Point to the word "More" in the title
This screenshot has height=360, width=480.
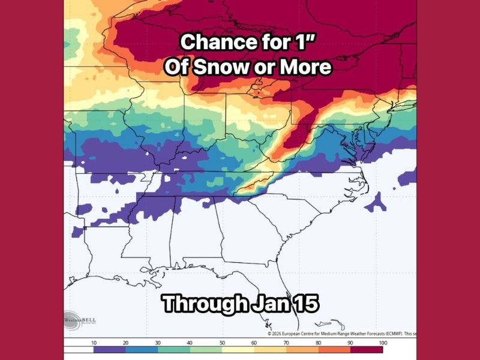coord(305,67)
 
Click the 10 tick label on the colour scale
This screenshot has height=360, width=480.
coord(94,341)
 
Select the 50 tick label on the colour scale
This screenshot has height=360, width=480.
coord(223,341)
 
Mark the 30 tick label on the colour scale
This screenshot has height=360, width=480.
coord(158,341)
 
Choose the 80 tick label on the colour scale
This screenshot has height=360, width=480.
coord(319,341)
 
